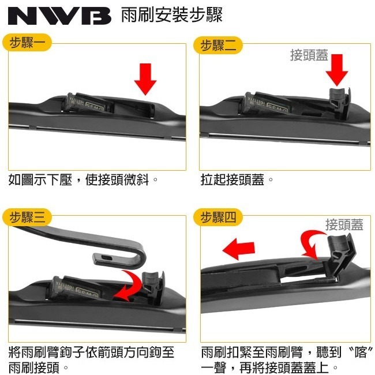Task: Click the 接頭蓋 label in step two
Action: point(309,55)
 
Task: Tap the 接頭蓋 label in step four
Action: point(344,224)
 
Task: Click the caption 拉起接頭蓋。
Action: point(237,180)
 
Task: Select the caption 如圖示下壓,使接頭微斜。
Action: point(84,180)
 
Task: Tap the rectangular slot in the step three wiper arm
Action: point(105,258)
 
